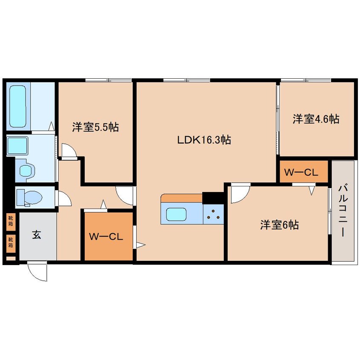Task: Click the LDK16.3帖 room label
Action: click(204, 140)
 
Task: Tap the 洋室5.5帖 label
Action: click(95, 126)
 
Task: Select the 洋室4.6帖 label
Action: click(316, 119)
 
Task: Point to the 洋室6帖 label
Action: click(279, 225)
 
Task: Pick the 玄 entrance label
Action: click(37, 235)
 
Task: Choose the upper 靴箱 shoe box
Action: click(10, 221)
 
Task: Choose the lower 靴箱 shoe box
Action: click(10, 242)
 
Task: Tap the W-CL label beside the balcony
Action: click(304, 172)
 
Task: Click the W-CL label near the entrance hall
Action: click(106, 237)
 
